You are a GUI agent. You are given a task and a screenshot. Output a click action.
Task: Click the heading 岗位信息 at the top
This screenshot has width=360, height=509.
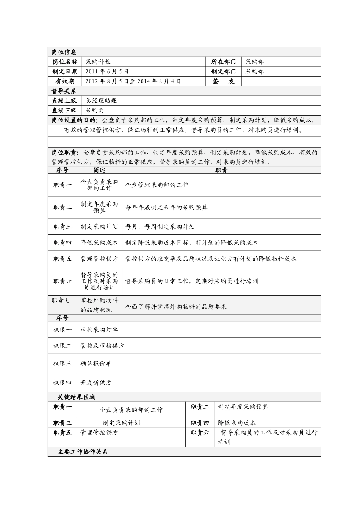pyautogui.click(x=64, y=52)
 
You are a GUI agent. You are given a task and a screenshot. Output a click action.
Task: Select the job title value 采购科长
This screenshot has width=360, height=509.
pyautogui.click(x=98, y=62)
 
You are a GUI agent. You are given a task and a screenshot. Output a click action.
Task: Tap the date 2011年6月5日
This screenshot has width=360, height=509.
pyautogui.click(x=107, y=72)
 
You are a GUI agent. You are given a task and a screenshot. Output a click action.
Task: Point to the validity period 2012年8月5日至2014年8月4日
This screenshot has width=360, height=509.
pyautogui.click(x=133, y=81)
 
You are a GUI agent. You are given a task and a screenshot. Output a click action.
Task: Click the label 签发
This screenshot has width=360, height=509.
pyautogui.click(x=224, y=81)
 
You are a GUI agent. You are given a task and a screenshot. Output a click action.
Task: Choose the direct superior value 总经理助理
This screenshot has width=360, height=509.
pyautogui.click(x=101, y=101)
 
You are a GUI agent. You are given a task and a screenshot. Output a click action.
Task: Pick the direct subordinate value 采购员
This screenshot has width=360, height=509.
pyautogui.click(x=95, y=111)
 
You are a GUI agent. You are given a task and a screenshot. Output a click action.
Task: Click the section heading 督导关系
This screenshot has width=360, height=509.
pyautogui.click(x=64, y=91)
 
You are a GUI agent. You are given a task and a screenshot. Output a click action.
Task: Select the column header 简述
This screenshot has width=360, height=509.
pyautogui.click(x=99, y=170)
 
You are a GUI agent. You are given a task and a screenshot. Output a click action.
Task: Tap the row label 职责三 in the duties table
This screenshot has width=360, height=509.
pyautogui.click(x=62, y=226)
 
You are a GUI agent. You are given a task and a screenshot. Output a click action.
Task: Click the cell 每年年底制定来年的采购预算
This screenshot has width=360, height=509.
pyautogui.click(x=166, y=208)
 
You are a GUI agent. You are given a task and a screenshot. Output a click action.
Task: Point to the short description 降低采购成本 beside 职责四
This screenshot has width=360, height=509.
pyautogui.click(x=99, y=243)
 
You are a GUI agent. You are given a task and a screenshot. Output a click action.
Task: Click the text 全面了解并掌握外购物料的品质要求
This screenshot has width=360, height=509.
pyautogui.click(x=176, y=307)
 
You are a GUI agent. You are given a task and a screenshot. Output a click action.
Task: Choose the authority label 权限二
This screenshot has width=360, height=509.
pyautogui.click(x=62, y=346)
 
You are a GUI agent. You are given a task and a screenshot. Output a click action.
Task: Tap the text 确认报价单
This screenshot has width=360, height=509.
pyautogui.click(x=96, y=364)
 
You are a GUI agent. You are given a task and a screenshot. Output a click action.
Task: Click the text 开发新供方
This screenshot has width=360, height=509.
pyautogui.click(x=96, y=383)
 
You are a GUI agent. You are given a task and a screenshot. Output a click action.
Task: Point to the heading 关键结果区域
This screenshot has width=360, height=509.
pyautogui.click(x=77, y=397)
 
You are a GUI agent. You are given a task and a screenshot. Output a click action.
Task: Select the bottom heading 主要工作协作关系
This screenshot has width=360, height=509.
pyautogui.click(x=83, y=452)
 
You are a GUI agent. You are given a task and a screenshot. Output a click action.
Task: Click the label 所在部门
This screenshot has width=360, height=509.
pyautogui.click(x=224, y=62)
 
